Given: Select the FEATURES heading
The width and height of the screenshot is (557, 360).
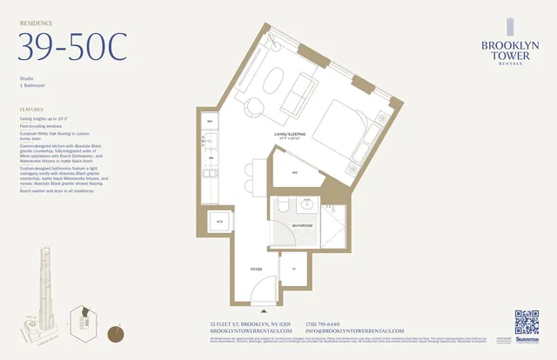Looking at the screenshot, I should [x=32, y=110].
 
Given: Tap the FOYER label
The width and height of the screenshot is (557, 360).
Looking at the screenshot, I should [x=257, y=270].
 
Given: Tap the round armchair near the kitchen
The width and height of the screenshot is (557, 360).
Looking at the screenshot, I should [x=254, y=107].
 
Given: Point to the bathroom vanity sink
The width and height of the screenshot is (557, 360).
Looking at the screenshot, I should [x=280, y=209].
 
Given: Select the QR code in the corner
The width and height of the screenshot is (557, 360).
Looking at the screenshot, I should [x=527, y=323].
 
